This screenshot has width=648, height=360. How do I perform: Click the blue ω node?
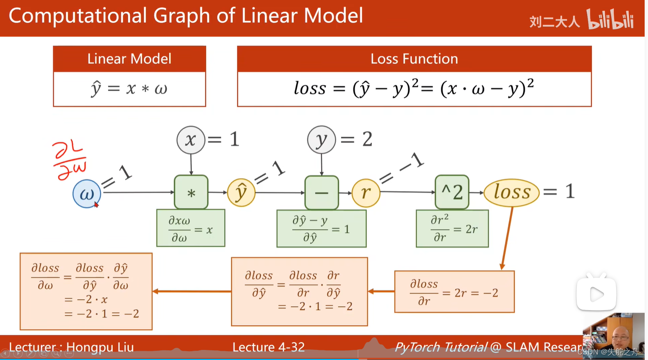click(87, 194)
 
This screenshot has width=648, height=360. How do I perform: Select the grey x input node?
click(191, 140)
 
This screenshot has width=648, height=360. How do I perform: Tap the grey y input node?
click(321, 140)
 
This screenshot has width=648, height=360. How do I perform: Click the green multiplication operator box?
click(191, 192)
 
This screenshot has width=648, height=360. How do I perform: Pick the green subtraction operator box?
click(321, 193)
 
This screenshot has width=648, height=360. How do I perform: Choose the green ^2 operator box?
click(452, 192)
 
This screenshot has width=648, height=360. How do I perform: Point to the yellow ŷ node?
click(241, 193)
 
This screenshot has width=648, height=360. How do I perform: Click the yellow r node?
click(365, 193)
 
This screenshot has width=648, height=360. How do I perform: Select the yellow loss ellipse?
click(512, 193)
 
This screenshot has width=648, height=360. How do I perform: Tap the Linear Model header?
click(130, 59)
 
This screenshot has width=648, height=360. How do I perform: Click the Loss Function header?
click(414, 59)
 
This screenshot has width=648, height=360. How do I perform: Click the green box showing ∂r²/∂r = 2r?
click(452, 229)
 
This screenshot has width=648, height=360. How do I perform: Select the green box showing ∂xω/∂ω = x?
click(191, 228)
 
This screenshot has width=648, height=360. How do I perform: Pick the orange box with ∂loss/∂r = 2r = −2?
click(454, 292)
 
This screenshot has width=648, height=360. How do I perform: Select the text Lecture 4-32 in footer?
click(269, 347)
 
